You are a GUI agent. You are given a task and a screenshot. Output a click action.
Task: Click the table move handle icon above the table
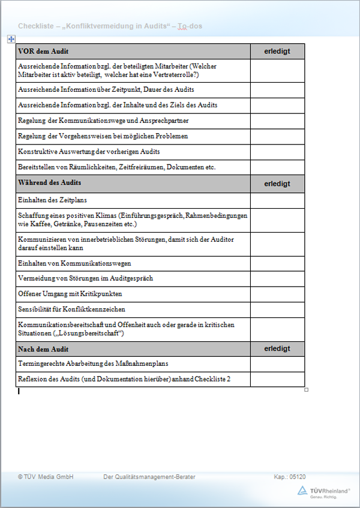pos(11,38)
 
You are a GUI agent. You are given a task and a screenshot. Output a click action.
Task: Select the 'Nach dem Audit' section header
pos(43,349)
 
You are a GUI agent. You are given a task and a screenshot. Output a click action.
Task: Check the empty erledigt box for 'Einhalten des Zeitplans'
pos(277,200)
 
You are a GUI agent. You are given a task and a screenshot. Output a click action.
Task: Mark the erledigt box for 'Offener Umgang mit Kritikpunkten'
pos(277,294)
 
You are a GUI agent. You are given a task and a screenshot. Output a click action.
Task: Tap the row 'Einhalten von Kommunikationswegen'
pos(74,263)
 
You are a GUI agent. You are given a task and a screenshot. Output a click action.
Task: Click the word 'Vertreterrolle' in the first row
pos(173,75)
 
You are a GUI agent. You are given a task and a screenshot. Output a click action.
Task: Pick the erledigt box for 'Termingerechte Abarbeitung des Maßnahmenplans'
pos(277,363)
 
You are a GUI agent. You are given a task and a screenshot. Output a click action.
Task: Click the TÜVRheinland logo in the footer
pos(324,491)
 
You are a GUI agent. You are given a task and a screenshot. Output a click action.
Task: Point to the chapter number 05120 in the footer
pos(298,477)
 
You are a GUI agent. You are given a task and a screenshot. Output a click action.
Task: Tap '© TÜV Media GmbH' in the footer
pos(46,477)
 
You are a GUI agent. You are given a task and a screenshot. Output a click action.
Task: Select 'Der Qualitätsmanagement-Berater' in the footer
pos(149,477)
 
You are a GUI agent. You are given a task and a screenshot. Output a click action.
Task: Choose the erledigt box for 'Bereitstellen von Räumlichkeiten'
pos(277,167)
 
